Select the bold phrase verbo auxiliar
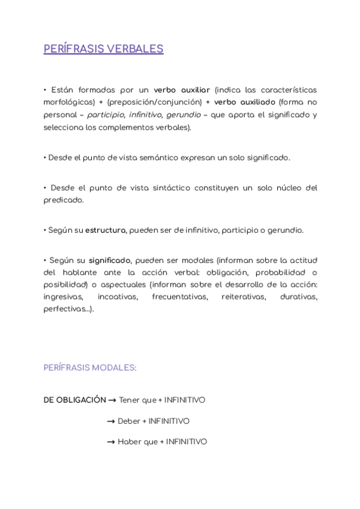tap(182, 90)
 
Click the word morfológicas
tap(69, 102)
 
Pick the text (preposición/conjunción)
tap(154, 102)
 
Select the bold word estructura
tap(106, 230)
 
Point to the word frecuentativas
tap(178, 297)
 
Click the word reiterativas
tap(243, 297)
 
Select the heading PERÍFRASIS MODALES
tap(90, 368)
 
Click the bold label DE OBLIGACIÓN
tap(74, 400)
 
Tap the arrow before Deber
tap(110, 421)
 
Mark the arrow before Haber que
tap(110, 442)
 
